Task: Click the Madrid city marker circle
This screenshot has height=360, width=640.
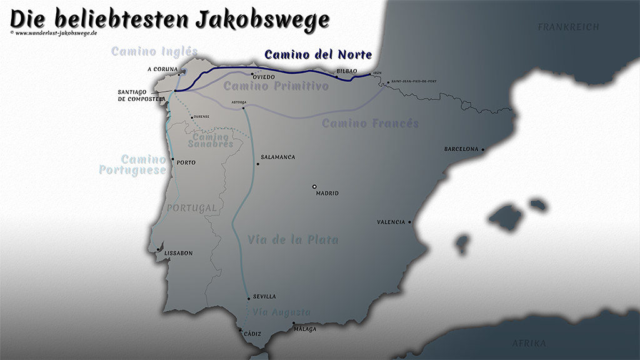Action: pos(315,186)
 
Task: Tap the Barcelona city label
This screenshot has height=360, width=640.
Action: pos(461,149)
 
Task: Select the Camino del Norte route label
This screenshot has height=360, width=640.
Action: pos(318,54)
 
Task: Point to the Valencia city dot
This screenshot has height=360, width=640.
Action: pos(410,222)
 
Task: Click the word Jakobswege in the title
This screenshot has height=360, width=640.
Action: pos(262,19)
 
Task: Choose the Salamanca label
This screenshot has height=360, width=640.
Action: pos(277,157)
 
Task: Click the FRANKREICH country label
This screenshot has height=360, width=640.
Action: pos(568,27)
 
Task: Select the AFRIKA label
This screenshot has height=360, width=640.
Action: pos(529,344)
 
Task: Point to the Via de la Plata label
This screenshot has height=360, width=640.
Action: pos(293,239)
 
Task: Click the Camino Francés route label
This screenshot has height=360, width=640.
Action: pos(370,123)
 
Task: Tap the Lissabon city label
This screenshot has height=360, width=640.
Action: pos(178,253)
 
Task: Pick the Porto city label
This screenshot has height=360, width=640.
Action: pos(186,163)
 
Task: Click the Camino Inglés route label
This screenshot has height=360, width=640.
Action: pos(154,51)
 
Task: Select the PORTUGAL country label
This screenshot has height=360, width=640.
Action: pos(191,207)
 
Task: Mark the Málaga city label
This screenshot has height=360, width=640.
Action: pos(305,329)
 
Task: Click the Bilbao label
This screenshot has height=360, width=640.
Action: pos(346,72)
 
